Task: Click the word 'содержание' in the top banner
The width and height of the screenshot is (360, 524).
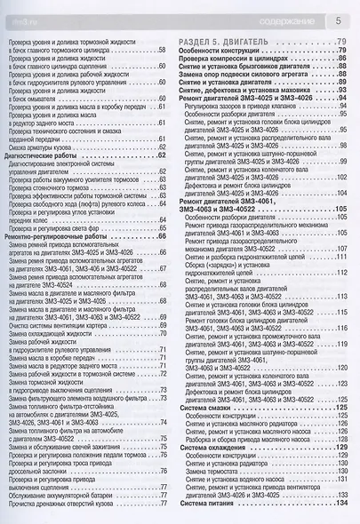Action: point(285,18)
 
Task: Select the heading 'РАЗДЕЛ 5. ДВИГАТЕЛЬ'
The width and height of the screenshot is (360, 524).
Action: point(225,44)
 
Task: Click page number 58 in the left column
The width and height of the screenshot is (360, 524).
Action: point(162,53)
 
